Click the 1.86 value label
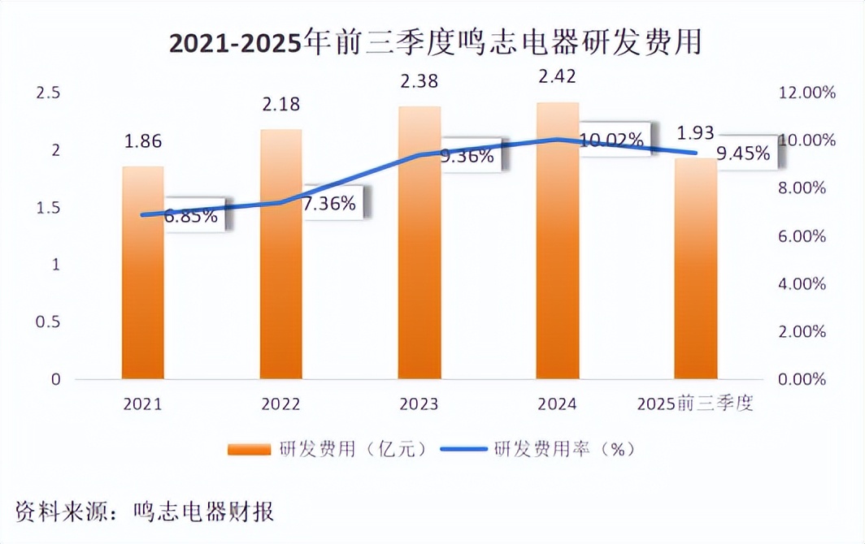143,141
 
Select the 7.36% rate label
329,204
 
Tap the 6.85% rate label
191,216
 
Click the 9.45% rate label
743,153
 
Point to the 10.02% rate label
614,140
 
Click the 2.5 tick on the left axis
49,93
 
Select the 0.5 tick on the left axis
49,322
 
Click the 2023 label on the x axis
419,404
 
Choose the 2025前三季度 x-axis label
696,404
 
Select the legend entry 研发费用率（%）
537,449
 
